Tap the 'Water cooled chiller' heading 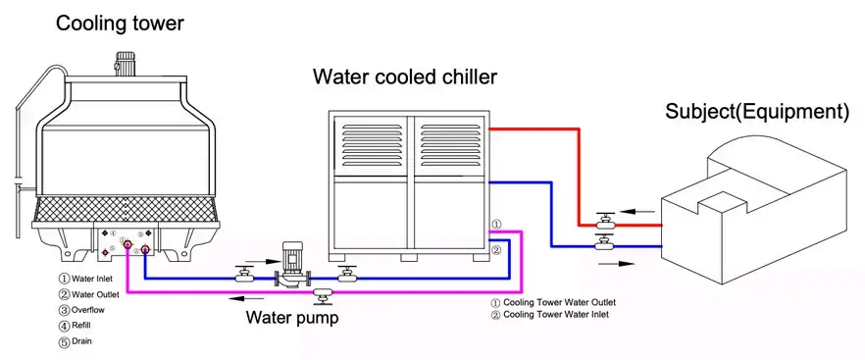tap(404, 77)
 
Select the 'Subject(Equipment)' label tap(756, 112)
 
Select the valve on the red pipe tap(605, 220)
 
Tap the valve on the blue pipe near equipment tap(605, 244)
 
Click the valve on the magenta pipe tap(321, 291)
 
